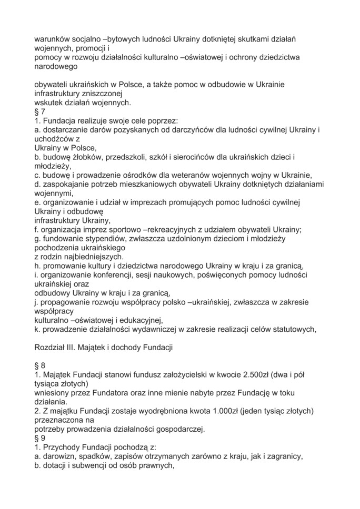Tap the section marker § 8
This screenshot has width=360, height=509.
point(39,363)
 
